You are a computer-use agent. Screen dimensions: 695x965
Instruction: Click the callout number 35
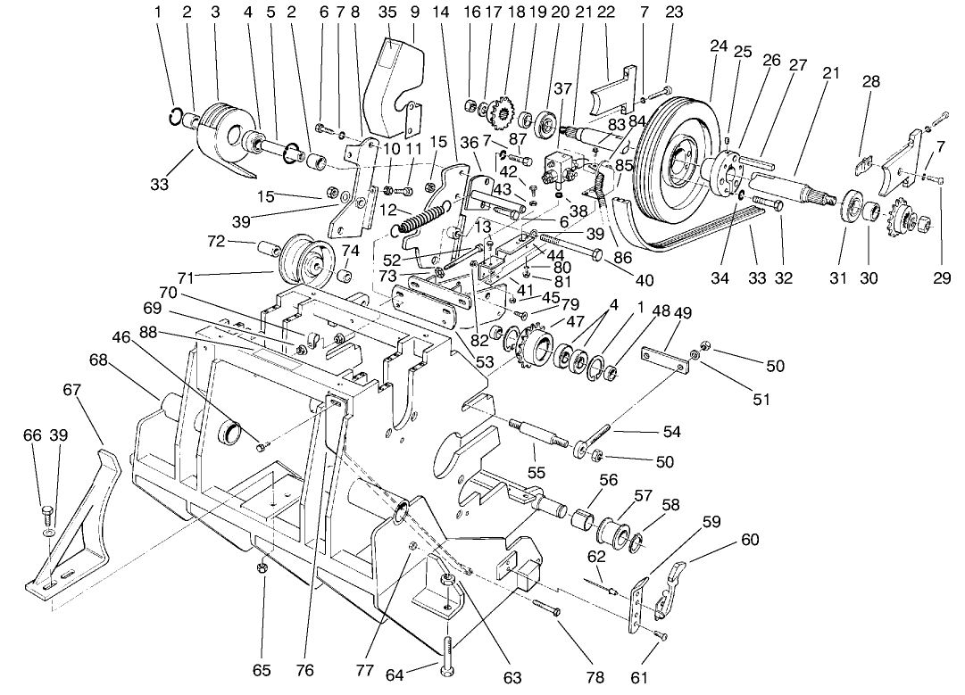pyautogui.click(x=387, y=12)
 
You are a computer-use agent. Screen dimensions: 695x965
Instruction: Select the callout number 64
pyautogui.click(x=395, y=675)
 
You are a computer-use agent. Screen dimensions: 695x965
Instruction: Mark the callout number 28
pyautogui.click(x=871, y=81)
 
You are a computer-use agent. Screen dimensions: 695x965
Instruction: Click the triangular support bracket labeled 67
pyautogui.click(x=80, y=526)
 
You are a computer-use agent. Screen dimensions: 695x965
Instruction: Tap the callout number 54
pyautogui.click(x=671, y=432)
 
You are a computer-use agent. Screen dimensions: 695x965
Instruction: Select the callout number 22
pyautogui.click(x=606, y=12)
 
